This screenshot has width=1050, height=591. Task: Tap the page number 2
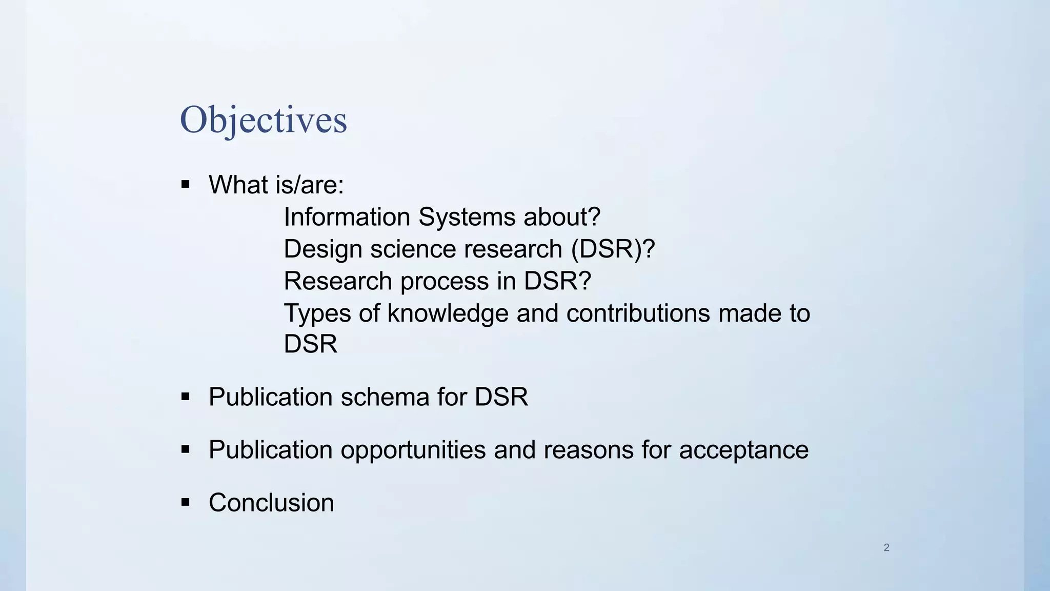coord(886,547)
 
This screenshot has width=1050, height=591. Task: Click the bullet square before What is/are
coord(186,185)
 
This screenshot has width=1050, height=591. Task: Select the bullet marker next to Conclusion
coord(186,502)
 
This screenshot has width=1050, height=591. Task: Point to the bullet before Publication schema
coord(186,397)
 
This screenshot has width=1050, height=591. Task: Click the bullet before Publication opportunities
coord(186,449)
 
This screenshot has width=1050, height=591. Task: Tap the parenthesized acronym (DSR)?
coord(613,249)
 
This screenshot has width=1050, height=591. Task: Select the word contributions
coord(638,313)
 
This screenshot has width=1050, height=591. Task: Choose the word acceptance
coord(743,450)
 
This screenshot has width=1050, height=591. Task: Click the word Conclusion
coord(271,502)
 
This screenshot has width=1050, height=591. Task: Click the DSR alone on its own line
coord(310,344)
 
